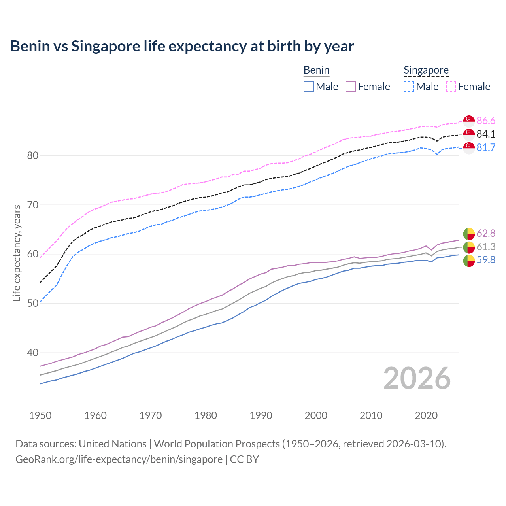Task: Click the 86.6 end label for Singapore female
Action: pyautogui.click(x=486, y=121)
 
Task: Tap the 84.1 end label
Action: pyautogui.click(x=486, y=134)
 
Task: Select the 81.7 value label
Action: pyautogui.click(x=486, y=147)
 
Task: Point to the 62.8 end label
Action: pyautogui.click(x=486, y=233)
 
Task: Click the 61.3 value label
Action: pyautogui.click(x=486, y=247)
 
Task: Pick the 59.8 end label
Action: pyautogui.click(x=486, y=260)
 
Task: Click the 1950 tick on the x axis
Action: pyautogui.click(x=40, y=415)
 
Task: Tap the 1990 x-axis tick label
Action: pyautogui.click(x=261, y=415)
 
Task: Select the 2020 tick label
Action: pyautogui.click(x=426, y=415)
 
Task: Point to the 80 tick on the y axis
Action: pyautogui.click(x=33, y=155)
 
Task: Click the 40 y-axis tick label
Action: pyautogui.click(x=33, y=353)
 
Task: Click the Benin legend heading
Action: pyautogui.click(x=316, y=70)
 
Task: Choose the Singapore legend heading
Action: pyautogui.click(x=426, y=70)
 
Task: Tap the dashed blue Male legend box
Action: pyautogui.click(x=409, y=87)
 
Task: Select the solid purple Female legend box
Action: pyautogui.click(x=351, y=87)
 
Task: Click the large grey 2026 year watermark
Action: pyautogui.click(x=417, y=378)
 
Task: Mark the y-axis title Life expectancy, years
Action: pyautogui.click(x=17, y=253)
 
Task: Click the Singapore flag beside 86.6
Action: pyautogui.click(x=469, y=121)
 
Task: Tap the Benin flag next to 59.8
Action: pyautogui.click(x=469, y=261)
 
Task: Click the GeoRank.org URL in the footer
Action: pyautogui.click(x=119, y=459)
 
